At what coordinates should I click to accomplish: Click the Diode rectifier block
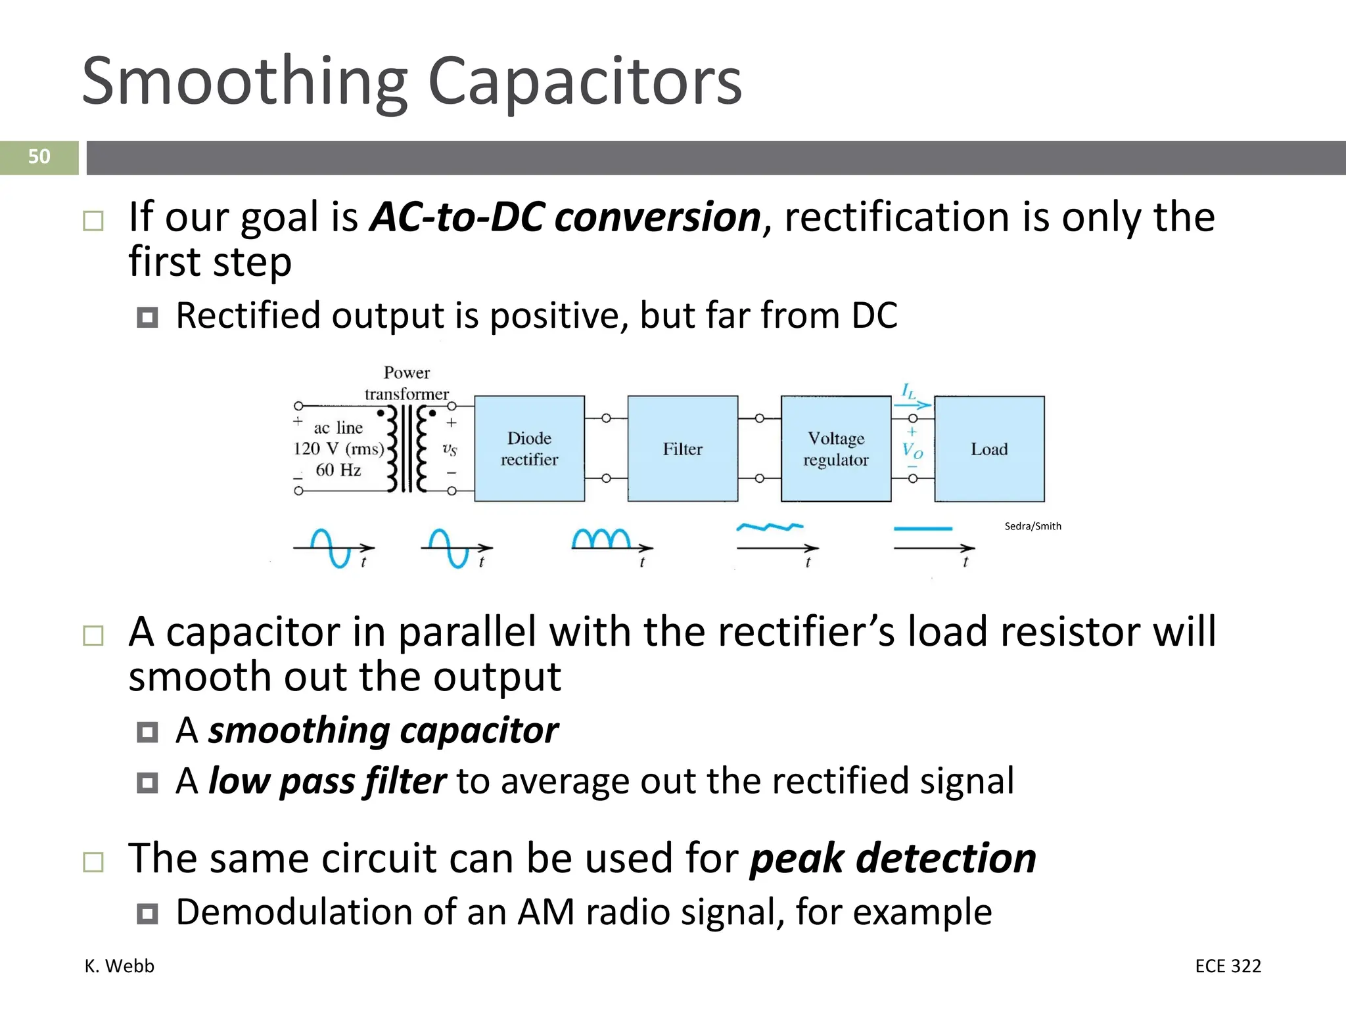click(529, 449)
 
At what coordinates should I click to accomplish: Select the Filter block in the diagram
click(682, 449)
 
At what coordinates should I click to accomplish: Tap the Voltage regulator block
click(835, 449)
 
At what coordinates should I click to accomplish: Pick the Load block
click(989, 449)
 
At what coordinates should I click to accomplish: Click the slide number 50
click(39, 157)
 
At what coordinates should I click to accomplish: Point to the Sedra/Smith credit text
click(1033, 526)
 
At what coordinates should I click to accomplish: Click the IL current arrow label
click(908, 392)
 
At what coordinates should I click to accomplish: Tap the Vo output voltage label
click(912, 451)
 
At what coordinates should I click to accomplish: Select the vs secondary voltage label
click(450, 449)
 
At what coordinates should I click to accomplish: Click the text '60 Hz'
click(338, 470)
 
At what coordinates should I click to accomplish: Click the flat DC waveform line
click(923, 528)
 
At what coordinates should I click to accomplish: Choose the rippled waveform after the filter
click(769, 527)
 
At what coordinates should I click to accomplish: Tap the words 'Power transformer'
click(407, 383)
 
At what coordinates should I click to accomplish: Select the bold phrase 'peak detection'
click(893, 859)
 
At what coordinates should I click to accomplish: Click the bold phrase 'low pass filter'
click(327, 782)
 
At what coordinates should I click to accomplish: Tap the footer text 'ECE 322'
click(1228, 966)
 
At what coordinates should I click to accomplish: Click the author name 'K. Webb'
click(120, 966)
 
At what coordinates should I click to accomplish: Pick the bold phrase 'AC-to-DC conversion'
click(565, 217)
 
